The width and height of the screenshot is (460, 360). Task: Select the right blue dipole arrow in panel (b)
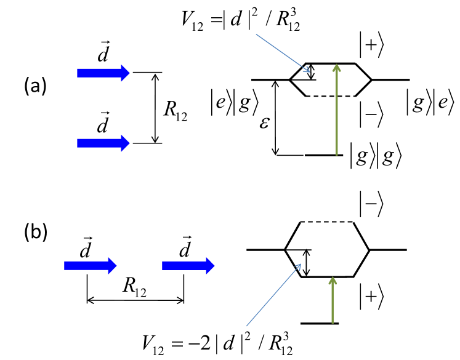(188, 265)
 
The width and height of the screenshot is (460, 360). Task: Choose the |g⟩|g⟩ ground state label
(376, 155)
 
